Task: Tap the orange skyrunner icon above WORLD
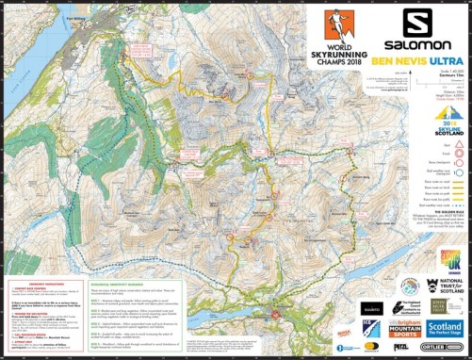coord(329,23)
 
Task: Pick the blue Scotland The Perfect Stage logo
coord(439,331)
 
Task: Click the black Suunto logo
coord(317,307)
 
